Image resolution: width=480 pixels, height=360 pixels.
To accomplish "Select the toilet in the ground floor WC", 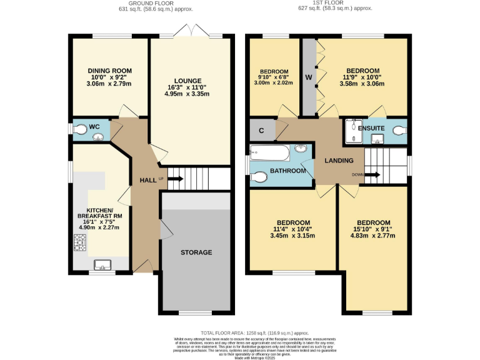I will point(79,129).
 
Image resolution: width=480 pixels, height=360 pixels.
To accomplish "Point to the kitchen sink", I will point(102,266).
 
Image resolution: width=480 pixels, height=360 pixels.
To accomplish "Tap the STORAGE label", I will point(196,252).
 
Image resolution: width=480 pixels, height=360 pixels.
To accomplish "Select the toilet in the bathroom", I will point(259,177).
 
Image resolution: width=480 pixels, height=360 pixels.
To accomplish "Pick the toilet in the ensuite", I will point(400,129).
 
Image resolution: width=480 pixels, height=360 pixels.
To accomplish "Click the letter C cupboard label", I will point(262,131).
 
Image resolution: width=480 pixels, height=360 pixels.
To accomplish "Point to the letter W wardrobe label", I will point(309,77).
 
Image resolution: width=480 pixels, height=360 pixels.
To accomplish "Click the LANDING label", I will point(339,161).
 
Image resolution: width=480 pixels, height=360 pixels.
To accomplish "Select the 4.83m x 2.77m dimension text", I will point(373,237).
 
